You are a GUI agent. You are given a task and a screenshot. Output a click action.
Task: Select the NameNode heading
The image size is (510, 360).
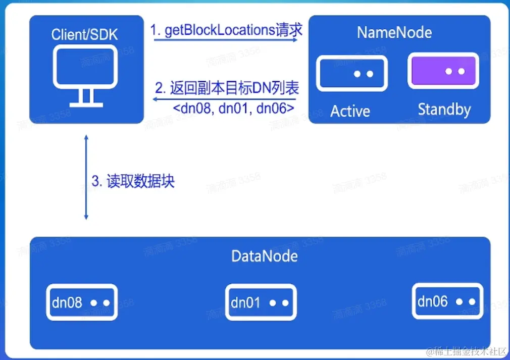click(x=394, y=32)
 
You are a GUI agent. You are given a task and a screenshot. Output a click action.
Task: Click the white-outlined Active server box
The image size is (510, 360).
click(x=351, y=73)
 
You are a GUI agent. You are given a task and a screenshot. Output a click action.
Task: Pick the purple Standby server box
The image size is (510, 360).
click(x=443, y=71)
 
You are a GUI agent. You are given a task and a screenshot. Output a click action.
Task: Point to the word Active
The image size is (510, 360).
click(x=350, y=111)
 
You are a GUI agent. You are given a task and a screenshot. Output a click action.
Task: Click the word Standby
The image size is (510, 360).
click(x=444, y=109)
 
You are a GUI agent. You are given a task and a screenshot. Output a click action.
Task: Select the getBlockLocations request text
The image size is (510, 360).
click(x=226, y=30)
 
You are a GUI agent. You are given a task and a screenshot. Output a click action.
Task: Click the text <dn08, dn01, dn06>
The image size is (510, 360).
click(x=234, y=108)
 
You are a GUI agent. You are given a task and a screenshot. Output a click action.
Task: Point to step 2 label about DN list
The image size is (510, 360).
click(x=227, y=88)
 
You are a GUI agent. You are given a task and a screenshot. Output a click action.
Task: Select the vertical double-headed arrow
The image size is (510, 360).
click(x=86, y=177)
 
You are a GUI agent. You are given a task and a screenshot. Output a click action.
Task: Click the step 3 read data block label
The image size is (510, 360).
click(x=133, y=181)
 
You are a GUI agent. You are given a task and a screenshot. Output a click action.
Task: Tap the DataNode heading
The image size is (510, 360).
click(x=265, y=256)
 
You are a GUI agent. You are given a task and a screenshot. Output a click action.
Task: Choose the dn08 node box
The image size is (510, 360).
click(x=82, y=302)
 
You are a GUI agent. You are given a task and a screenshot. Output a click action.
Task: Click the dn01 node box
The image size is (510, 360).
click(x=261, y=302)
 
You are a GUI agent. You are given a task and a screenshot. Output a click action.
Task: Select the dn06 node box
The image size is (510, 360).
click(x=447, y=301)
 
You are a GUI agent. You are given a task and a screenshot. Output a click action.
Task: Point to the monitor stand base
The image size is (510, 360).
click(x=86, y=105)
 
